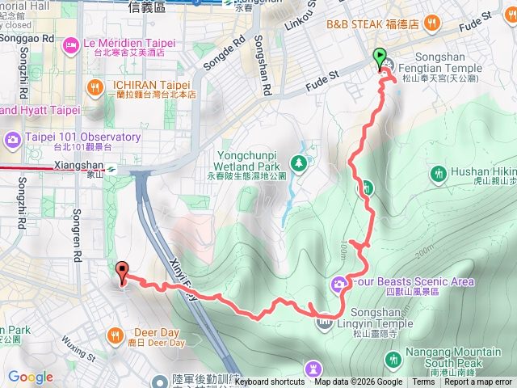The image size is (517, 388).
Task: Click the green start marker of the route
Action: (380, 57)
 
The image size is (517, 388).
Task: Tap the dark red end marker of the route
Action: (122, 272)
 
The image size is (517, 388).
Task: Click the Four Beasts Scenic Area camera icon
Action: (338, 282)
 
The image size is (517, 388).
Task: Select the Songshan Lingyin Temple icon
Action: (324, 323)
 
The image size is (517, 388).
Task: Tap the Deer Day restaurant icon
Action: (116, 333)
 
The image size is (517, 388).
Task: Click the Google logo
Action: (30, 377)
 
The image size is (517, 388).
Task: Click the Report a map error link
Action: (477, 382)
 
